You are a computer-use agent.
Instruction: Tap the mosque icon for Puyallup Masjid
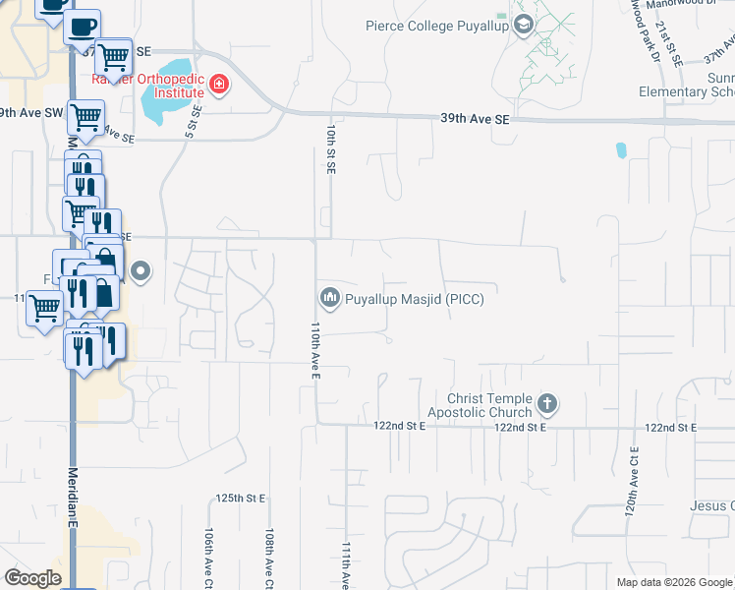point(329,297)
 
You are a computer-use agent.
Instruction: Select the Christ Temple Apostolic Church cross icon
point(547,403)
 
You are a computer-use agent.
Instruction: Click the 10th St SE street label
point(331,148)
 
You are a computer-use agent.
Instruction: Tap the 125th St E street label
point(243,499)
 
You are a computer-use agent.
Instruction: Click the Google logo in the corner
point(33,577)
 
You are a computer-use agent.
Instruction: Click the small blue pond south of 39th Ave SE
point(620,151)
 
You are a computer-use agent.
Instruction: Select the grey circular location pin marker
point(141,271)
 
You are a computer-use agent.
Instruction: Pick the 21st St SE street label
point(675,44)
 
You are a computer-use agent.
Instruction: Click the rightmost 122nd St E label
point(670,428)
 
